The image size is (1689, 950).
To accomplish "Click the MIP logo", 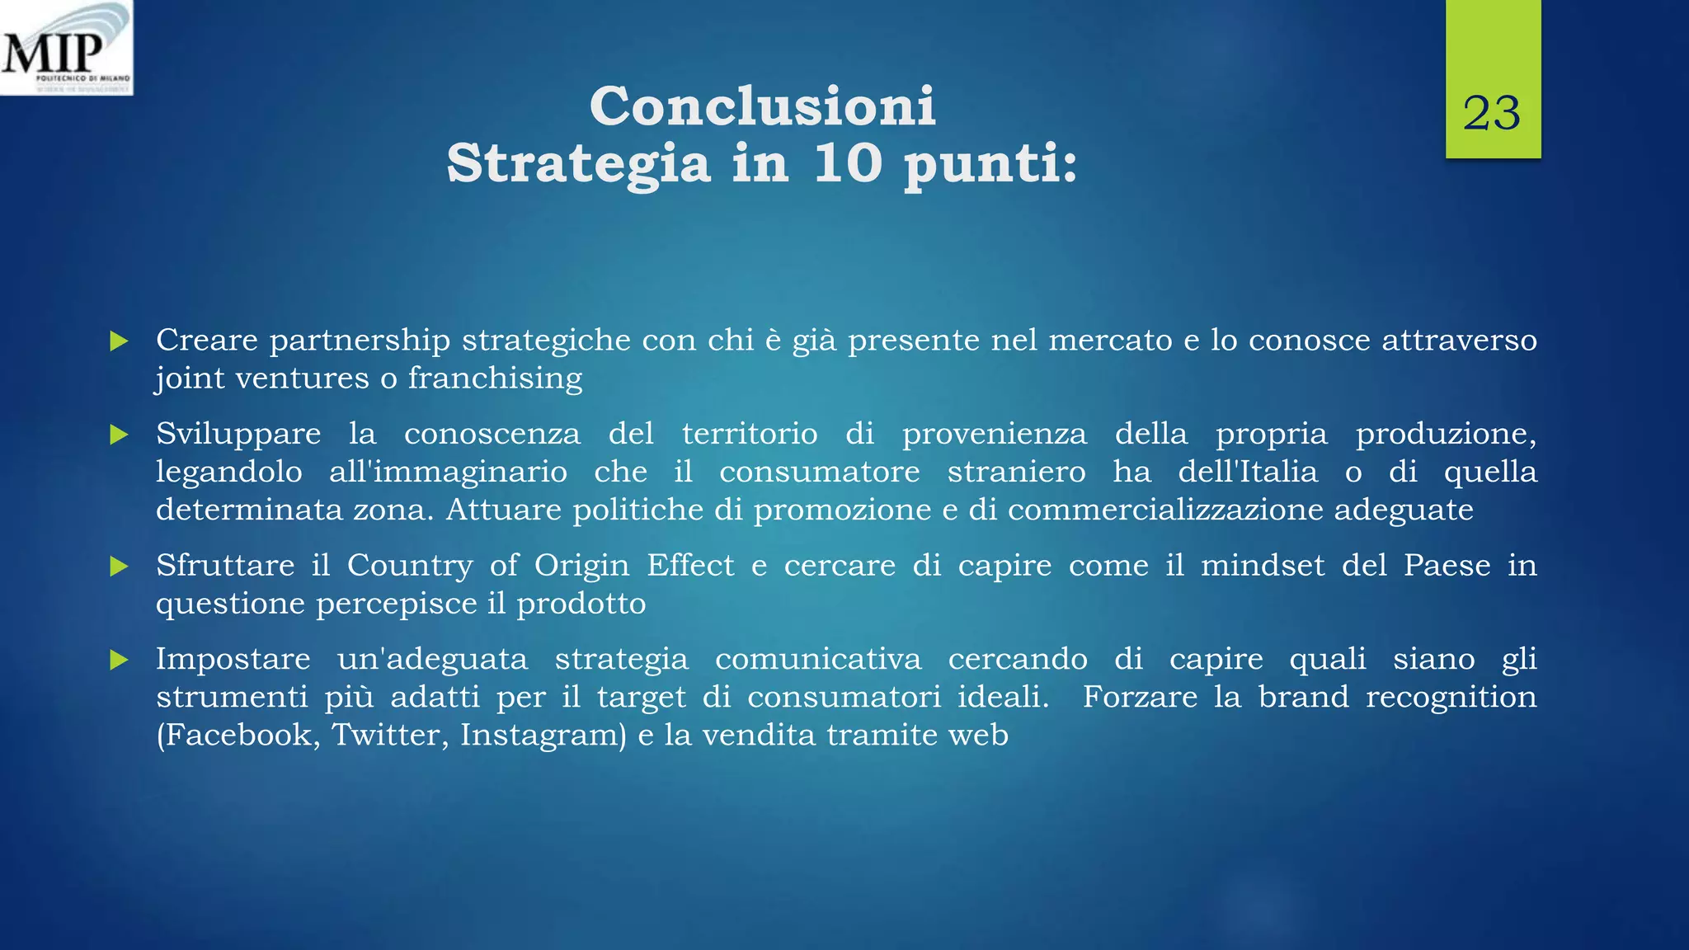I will [x=66, y=48].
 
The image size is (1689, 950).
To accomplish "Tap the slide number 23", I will [x=1492, y=114].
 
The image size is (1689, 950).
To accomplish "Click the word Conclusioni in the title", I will [x=763, y=106].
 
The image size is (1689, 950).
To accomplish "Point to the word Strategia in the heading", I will [x=578, y=164].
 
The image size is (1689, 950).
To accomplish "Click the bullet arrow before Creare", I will [x=120, y=341].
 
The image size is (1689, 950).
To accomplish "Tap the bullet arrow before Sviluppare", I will [x=120, y=435].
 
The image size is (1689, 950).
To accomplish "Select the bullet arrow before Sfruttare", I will [x=120, y=567].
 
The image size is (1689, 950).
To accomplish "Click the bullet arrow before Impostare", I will [x=120, y=660].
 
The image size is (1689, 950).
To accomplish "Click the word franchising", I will [x=495, y=379].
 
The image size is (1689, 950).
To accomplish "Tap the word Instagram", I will [x=543, y=735].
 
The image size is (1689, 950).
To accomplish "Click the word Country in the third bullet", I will [x=410, y=566].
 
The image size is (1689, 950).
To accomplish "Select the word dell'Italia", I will [x=1247, y=472].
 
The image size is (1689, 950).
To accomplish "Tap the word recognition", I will [x=1451, y=698].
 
